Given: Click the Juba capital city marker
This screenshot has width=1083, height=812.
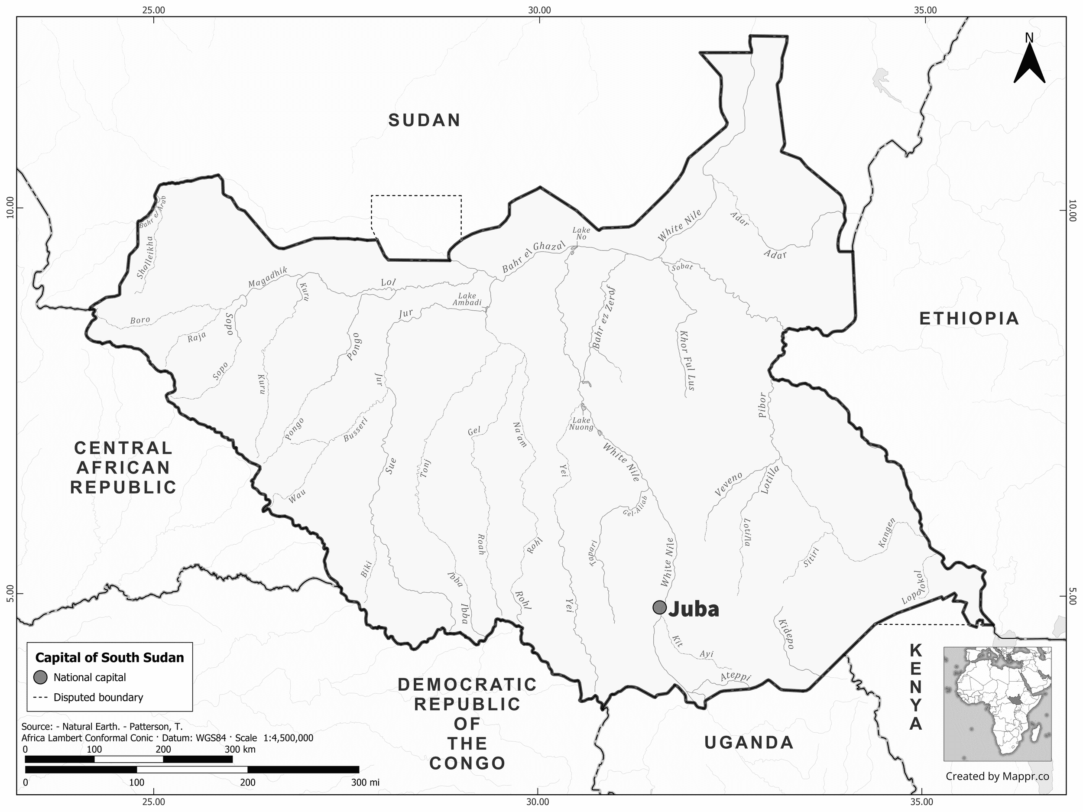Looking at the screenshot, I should [659, 607].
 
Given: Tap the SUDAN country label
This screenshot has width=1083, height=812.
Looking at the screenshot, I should [425, 120].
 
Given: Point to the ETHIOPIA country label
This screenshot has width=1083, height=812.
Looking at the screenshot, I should [969, 319].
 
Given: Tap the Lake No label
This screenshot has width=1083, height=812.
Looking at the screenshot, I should [581, 234].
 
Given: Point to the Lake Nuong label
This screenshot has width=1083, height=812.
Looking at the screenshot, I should [581, 424].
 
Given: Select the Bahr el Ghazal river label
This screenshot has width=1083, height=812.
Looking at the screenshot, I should [533, 257].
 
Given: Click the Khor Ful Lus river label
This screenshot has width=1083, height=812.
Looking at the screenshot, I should [685, 360].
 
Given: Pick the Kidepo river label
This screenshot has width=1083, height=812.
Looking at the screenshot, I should [785, 633].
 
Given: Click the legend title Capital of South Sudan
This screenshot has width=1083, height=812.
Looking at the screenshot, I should [110, 657].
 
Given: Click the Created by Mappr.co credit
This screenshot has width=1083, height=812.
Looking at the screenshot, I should [997, 776].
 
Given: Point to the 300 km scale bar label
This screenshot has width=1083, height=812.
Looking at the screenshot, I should [240, 749].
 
